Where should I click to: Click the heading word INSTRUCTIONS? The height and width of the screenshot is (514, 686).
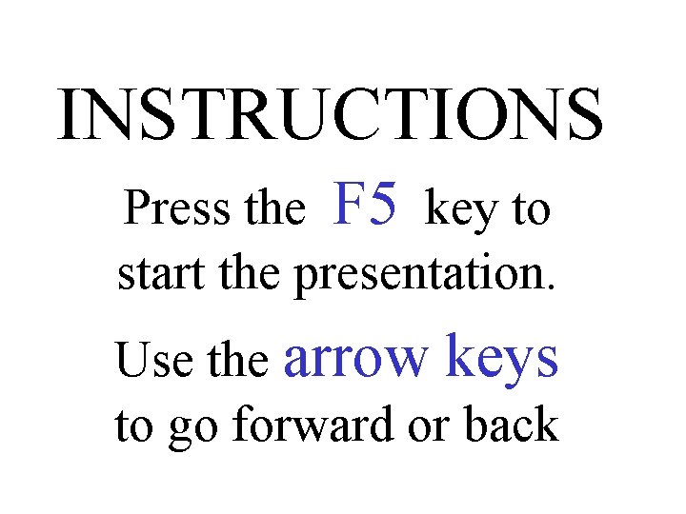330,116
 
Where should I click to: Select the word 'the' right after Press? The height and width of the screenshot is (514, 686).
274,208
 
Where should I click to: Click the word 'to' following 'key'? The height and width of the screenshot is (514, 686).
532,210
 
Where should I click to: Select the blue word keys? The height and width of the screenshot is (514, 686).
501,359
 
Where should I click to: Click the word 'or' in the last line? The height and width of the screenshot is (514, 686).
424,427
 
